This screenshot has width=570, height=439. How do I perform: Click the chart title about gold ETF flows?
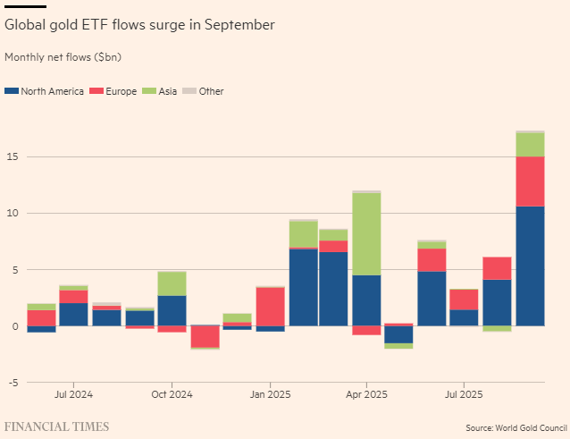click(139, 25)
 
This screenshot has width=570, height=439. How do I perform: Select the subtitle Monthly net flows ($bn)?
click(63, 57)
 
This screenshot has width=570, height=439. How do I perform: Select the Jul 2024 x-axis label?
click(73, 393)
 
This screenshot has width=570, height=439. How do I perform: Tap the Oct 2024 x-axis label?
click(172, 393)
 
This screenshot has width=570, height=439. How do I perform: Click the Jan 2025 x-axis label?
click(270, 393)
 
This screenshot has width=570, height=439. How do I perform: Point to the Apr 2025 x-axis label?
click(366, 393)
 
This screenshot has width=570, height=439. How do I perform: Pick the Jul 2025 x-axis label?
click(464, 393)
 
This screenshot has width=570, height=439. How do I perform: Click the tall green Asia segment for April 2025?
click(366, 233)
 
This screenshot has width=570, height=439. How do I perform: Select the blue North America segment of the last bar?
click(530, 266)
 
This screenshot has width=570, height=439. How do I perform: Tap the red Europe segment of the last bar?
click(530, 182)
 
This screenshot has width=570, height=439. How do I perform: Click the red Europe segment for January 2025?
click(270, 307)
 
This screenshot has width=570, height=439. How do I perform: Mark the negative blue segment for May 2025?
click(398, 334)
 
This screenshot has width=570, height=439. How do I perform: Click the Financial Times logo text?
click(57, 426)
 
